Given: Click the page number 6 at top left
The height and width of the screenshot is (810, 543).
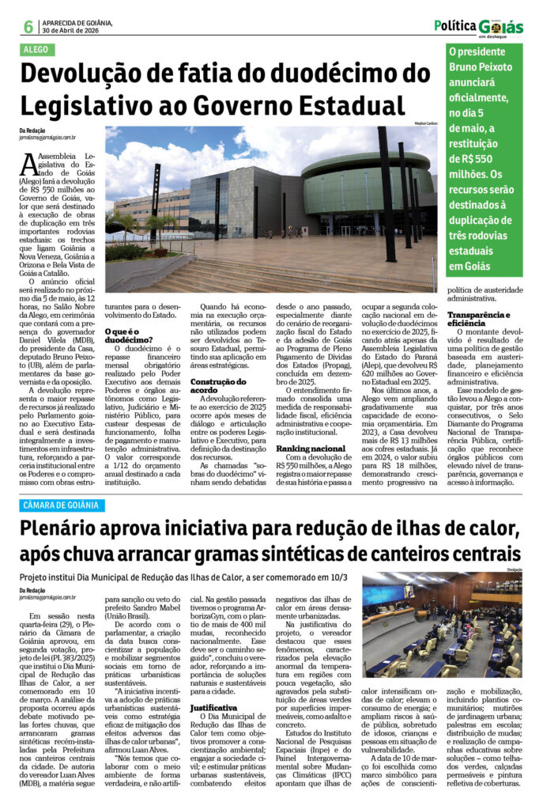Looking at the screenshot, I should tap(28, 26).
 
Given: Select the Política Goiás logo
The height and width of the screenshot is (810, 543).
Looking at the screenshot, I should tap(478, 26).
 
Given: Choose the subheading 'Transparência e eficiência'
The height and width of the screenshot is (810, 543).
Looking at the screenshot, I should tap(483, 319).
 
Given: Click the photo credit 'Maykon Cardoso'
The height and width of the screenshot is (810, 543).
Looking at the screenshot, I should tap(425, 123).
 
